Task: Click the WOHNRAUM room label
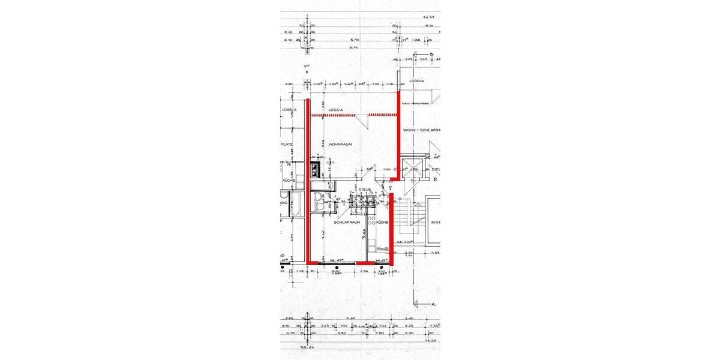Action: [340, 145]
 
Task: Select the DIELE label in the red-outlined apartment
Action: [365, 189]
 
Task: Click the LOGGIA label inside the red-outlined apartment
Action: [335, 110]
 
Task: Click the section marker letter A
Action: [433, 304]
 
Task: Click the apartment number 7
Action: [390, 189]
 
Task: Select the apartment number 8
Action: [308, 70]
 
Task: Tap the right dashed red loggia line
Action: [382, 115]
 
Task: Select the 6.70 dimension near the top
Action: [355, 47]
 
